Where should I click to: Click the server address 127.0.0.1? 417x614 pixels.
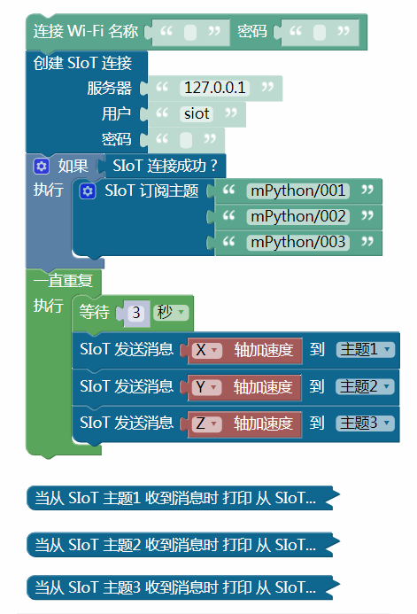(215, 88)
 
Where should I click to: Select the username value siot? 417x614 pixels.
(197, 114)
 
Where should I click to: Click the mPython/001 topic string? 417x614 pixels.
(298, 190)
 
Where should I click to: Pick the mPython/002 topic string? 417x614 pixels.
(298, 216)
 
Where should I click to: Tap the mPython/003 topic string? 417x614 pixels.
(298, 243)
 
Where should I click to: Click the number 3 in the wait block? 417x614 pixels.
(136, 313)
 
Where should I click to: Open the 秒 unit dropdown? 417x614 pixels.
(171, 313)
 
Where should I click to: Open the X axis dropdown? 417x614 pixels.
(207, 350)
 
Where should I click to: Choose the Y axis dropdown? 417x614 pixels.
(207, 387)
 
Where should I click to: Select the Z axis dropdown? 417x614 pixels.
(207, 424)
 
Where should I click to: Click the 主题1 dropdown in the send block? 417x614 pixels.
(366, 350)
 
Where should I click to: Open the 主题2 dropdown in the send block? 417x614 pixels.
(365, 387)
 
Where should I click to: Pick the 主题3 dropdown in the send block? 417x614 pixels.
(365, 424)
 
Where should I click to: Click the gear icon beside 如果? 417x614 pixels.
(41, 166)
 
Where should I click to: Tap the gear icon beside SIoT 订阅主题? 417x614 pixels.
(88, 191)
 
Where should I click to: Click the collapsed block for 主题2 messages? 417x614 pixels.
(180, 544)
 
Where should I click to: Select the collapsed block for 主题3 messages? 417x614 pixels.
(180, 587)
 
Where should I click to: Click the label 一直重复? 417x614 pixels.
(63, 280)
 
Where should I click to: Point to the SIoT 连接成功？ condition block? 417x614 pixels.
(161, 166)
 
